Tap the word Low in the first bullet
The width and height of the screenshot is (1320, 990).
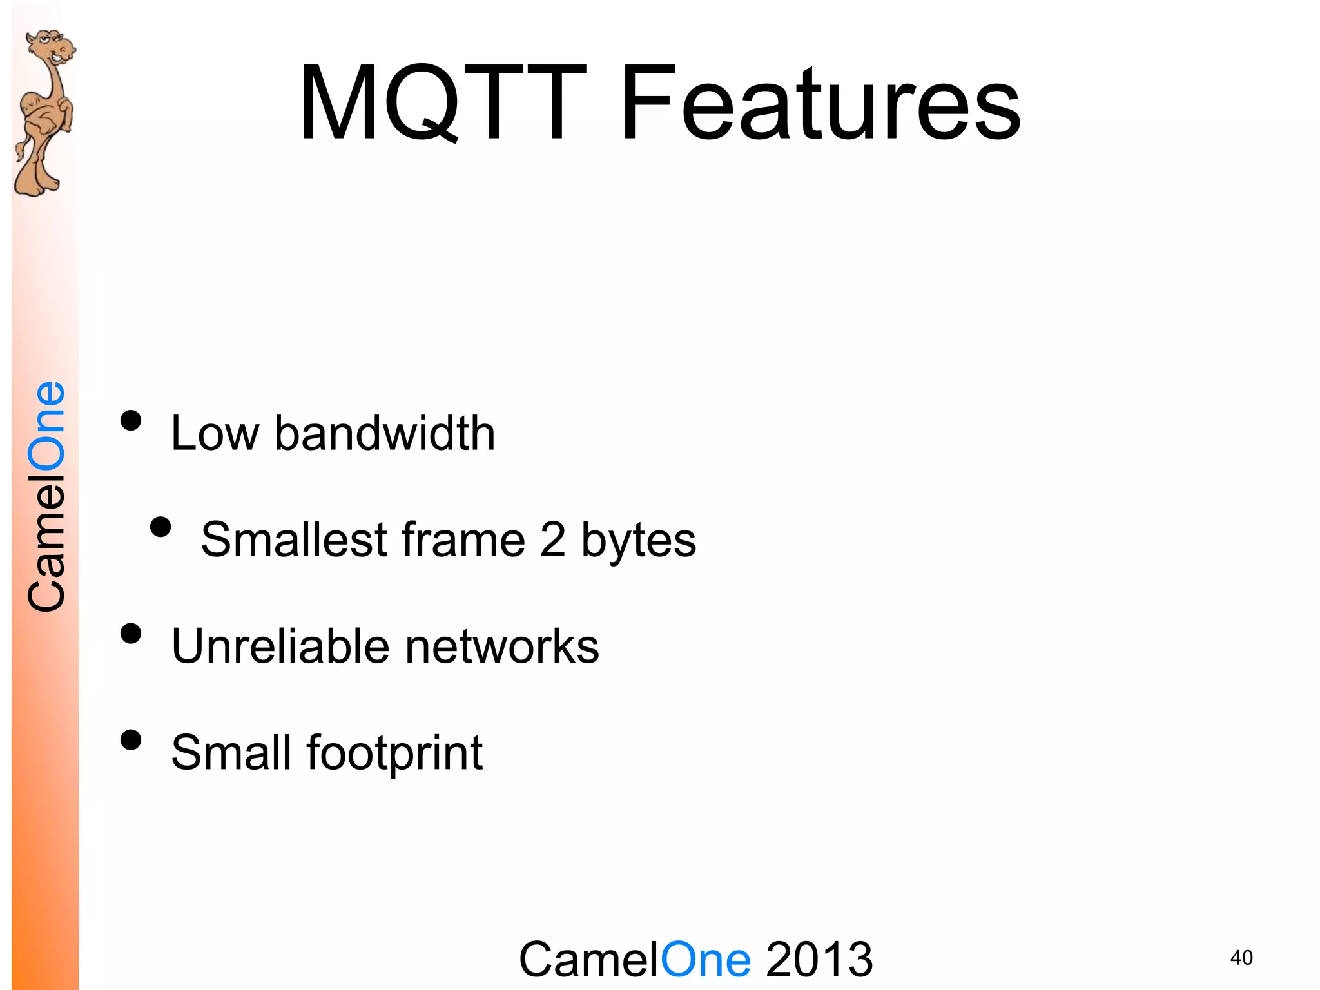coord(214,433)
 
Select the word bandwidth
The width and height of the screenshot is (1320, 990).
coord(385,433)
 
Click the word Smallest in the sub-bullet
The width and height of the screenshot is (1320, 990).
coord(293,539)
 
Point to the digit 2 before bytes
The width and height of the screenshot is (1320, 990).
coord(552,539)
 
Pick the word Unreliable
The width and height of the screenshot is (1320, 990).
coord(280,646)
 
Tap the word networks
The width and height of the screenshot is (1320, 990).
coord(502,646)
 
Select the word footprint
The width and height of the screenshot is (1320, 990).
coord(394,753)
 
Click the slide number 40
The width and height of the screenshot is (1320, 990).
coord(1241,958)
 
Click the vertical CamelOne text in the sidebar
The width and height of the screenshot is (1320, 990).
coord(46,496)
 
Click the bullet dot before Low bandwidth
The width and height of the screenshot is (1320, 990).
coord(131,421)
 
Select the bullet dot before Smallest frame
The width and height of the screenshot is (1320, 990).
coord(160,527)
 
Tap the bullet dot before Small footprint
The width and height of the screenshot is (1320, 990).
coord(131,740)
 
